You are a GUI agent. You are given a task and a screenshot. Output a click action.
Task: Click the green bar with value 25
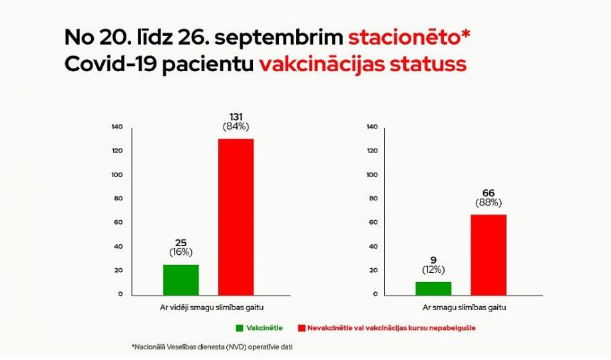[x=180, y=279]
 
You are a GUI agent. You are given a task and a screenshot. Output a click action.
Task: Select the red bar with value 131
[x=236, y=216]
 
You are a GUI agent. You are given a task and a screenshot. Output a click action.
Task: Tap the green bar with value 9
[x=433, y=288]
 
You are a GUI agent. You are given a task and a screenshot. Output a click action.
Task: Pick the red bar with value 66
[x=489, y=254]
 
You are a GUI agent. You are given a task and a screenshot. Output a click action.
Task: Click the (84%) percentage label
[x=236, y=126]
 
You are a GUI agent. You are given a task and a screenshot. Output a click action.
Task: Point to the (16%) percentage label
[x=180, y=252]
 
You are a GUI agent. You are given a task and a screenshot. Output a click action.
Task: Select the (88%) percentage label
[x=489, y=202]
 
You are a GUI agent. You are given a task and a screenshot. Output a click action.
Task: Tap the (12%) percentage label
[x=433, y=270]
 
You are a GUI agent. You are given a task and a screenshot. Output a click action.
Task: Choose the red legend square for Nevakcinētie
[x=301, y=328]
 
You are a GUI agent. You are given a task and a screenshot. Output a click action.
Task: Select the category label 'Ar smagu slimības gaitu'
[x=464, y=307]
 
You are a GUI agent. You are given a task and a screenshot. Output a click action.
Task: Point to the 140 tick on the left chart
[x=117, y=127]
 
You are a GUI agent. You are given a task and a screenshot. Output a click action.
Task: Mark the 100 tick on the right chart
[x=372, y=175]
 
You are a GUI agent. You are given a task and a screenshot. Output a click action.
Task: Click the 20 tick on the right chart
[x=373, y=270]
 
